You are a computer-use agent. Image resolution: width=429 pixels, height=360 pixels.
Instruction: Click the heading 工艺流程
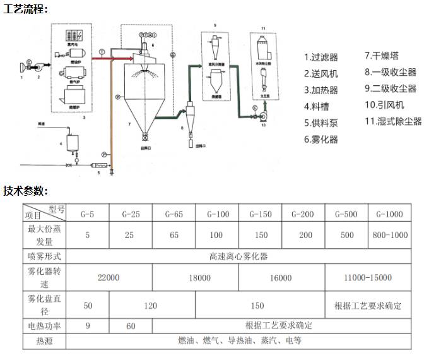pyautogui.click(x=25, y=9)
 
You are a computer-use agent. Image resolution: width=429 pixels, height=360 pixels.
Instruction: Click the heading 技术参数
pyautogui.click(x=25, y=191)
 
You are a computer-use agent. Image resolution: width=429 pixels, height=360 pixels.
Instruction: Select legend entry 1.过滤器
pyautogui.click(x=321, y=57)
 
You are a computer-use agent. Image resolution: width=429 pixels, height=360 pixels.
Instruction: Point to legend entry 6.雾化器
pyautogui.click(x=321, y=139)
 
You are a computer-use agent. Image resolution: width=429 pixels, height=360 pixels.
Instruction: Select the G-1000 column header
pyautogui.click(x=389, y=214)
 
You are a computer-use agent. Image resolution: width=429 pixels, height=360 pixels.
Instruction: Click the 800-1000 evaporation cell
pyautogui.click(x=389, y=235)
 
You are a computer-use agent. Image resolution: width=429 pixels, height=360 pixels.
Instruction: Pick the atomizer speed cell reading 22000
pyautogui.click(x=109, y=277)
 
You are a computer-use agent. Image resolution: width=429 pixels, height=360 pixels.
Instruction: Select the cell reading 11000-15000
pyautogui.click(x=367, y=277)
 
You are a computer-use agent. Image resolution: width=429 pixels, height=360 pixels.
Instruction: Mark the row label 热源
pyautogui.click(x=44, y=341)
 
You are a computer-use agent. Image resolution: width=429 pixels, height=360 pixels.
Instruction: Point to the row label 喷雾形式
pyautogui.click(x=44, y=256)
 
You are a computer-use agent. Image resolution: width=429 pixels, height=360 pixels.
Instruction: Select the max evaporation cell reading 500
pyautogui.click(x=346, y=235)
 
